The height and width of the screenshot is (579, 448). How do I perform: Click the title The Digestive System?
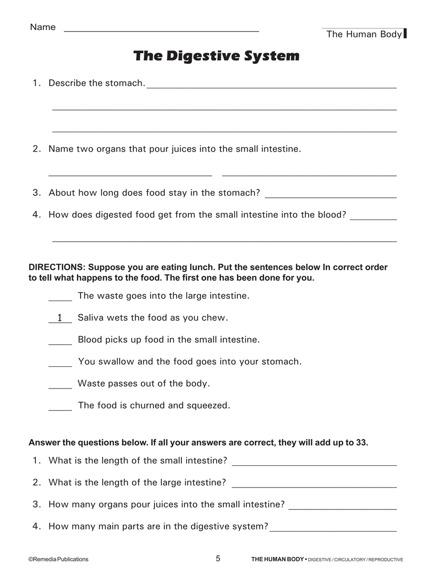(x=216, y=56)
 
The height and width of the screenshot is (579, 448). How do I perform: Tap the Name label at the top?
(x=43, y=27)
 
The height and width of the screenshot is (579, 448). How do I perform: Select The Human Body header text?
(x=364, y=34)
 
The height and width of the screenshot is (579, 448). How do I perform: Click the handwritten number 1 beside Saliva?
(x=60, y=317)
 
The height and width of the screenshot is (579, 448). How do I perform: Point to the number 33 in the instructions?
(x=361, y=443)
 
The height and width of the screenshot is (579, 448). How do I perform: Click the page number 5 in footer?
(x=218, y=558)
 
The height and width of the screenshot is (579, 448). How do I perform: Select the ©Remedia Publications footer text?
(x=59, y=560)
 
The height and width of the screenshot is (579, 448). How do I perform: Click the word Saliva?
(x=91, y=318)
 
